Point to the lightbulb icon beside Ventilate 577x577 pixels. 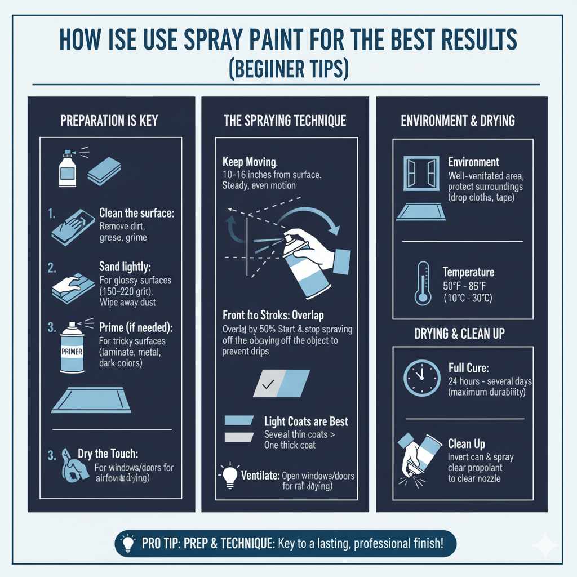point(229,476)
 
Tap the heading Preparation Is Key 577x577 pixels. point(109,121)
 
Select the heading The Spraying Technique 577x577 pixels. point(285,121)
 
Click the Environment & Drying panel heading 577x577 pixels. point(458,121)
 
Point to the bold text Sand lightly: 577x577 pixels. point(126,266)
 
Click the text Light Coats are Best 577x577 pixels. point(306,421)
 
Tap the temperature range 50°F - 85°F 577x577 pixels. point(468,285)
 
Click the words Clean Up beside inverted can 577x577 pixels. point(467,443)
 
